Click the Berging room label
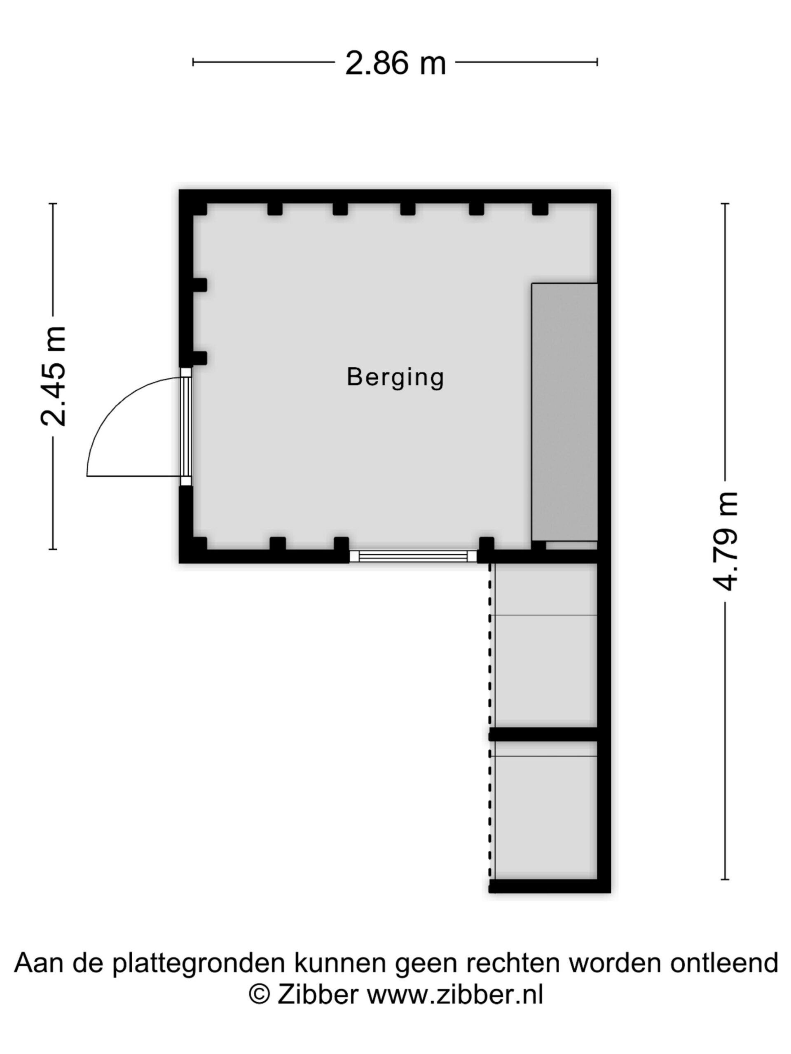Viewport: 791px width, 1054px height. (x=395, y=378)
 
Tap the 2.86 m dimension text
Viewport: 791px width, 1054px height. (x=395, y=63)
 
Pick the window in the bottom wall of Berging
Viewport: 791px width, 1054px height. (x=413, y=556)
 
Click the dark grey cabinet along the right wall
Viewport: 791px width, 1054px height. (x=564, y=412)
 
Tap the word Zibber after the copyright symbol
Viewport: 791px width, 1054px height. (x=318, y=994)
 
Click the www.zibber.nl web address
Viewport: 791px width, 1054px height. (x=455, y=994)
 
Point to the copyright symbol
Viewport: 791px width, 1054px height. (x=260, y=994)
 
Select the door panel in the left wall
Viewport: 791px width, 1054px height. (x=186, y=427)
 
